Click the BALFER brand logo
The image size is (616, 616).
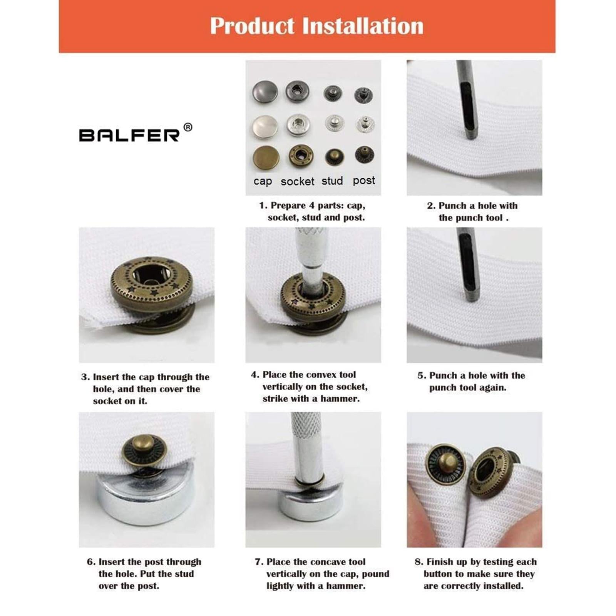pos(129,135)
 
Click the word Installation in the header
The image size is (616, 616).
pos(363,26)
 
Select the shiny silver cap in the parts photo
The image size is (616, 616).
pos(265,126)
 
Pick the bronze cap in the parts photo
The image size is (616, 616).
pos(266,157)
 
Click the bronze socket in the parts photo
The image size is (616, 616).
pos(301,156)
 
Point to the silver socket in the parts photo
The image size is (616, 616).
pos(298,125)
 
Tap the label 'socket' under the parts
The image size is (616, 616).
pos(297,181)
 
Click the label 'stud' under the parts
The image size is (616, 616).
pos(332,181)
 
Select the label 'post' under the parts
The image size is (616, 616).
pos(364,180)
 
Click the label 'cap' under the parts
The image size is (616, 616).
pos(263,181)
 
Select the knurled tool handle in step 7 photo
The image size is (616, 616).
pos(306,431)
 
